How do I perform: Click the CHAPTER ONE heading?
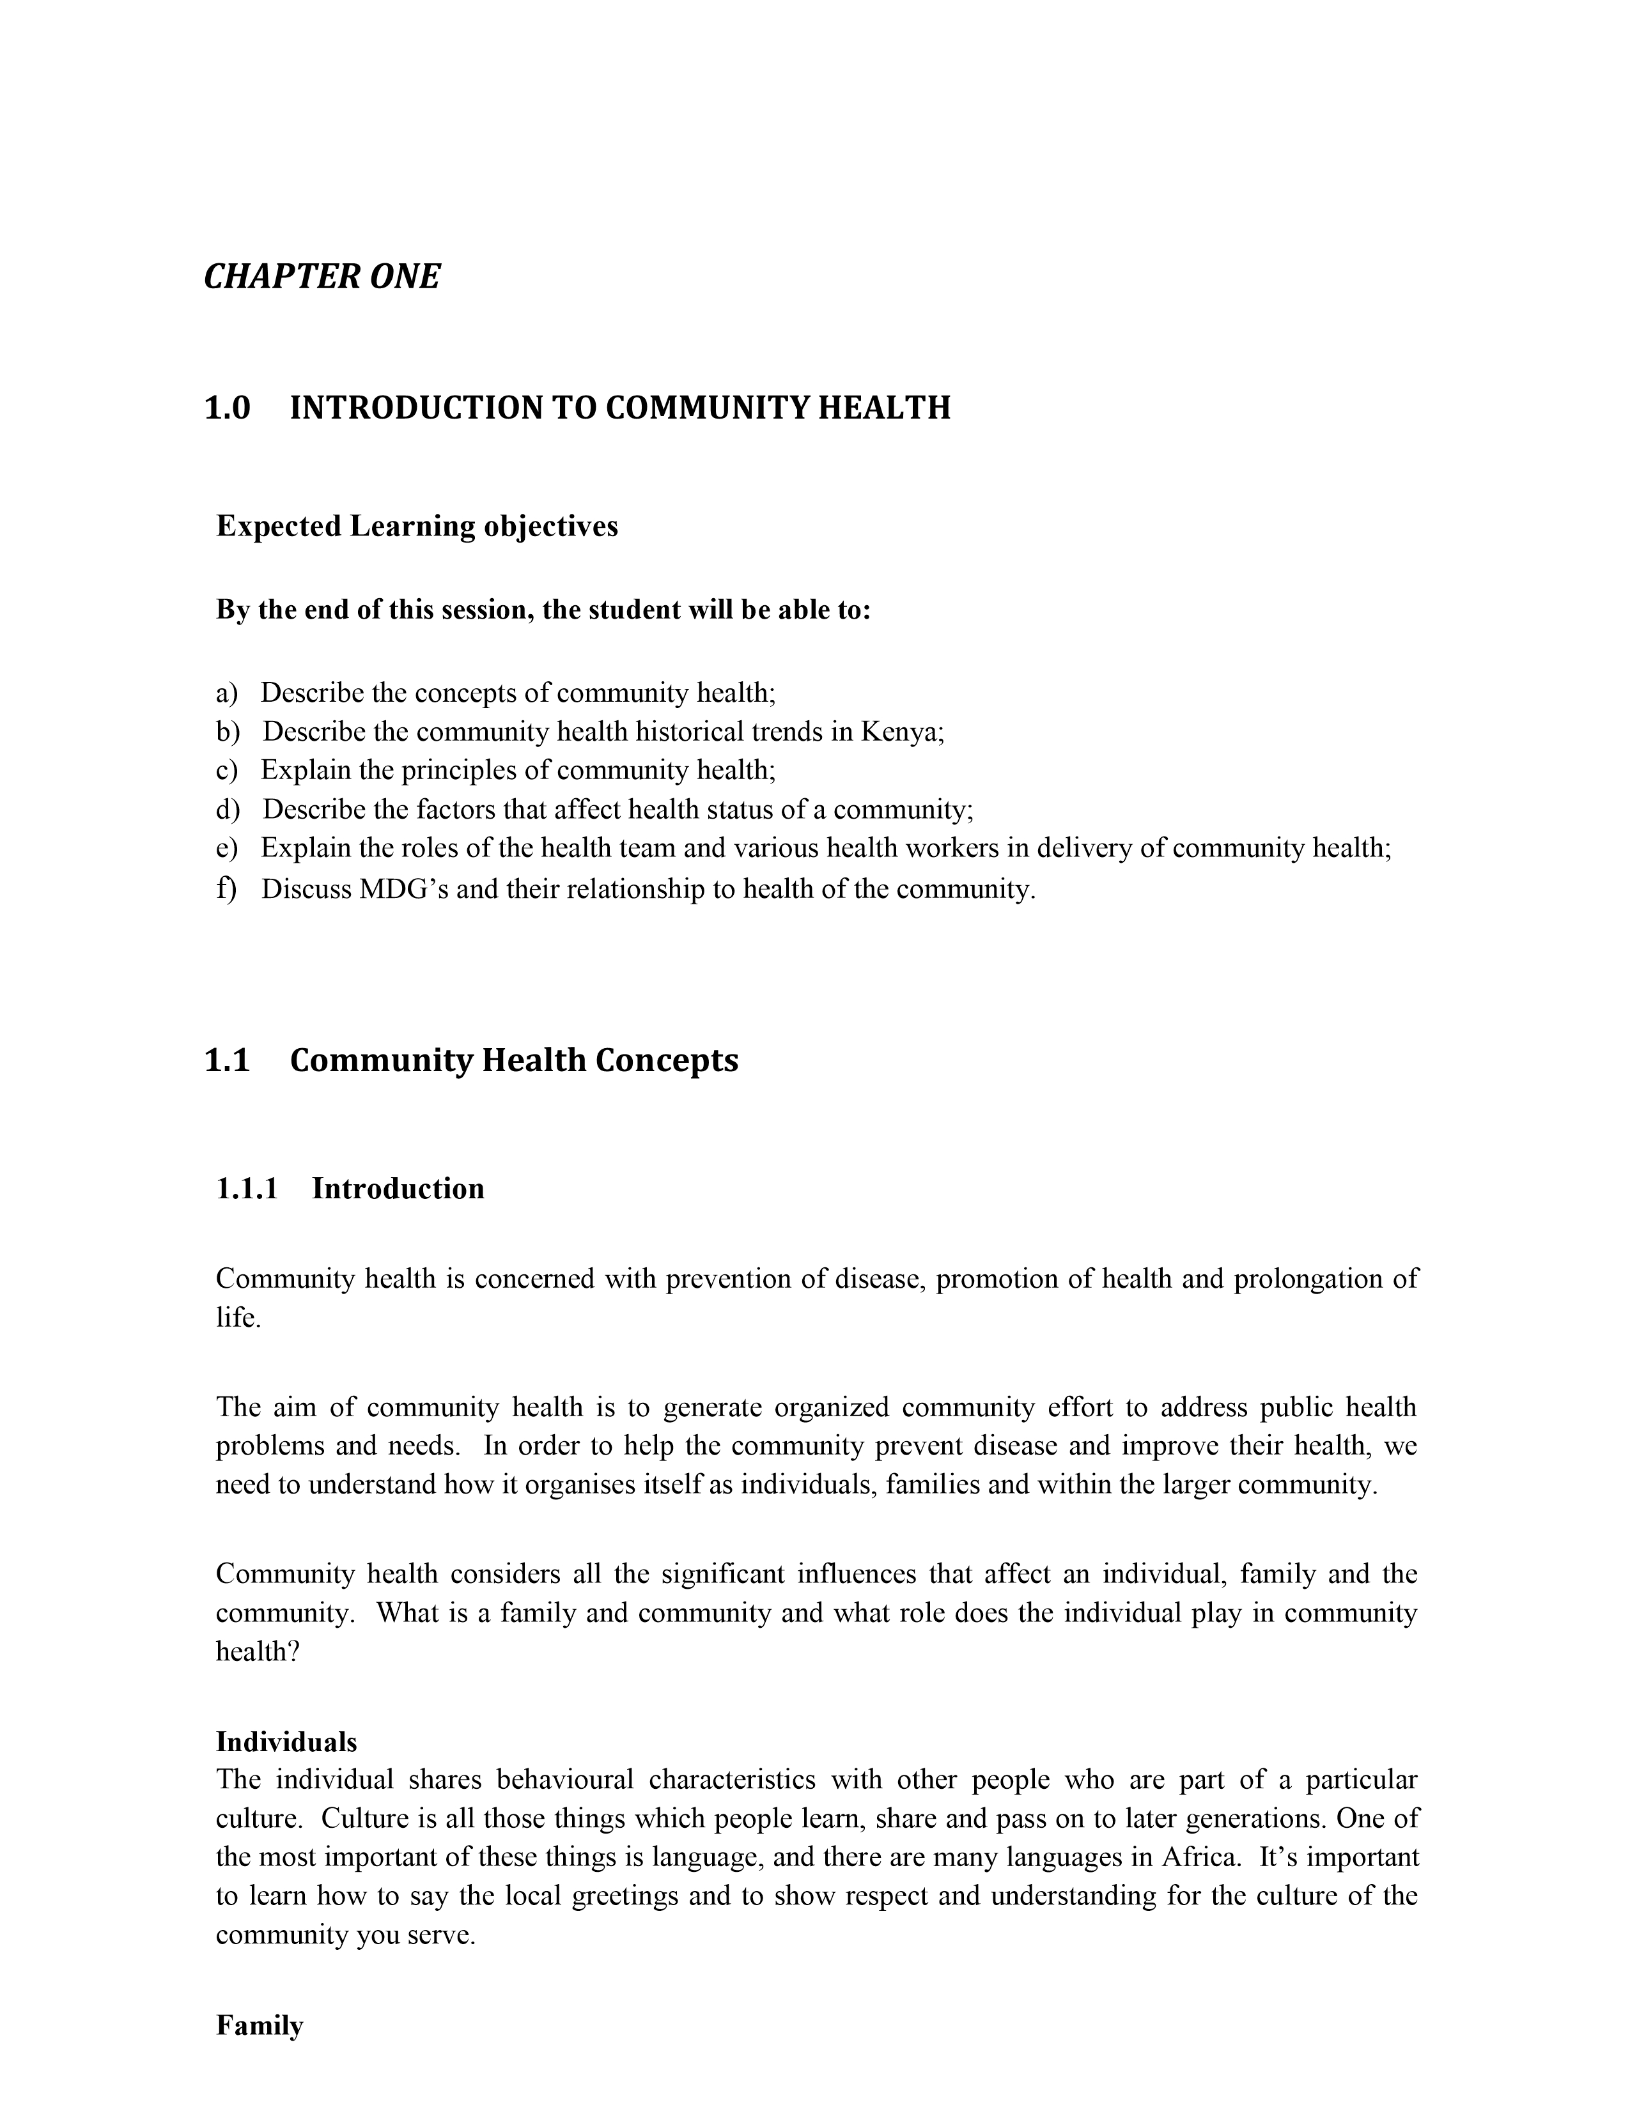pos(322,277)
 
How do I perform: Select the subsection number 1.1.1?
pos(247,1189)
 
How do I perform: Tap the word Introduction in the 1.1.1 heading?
pos(398,1189)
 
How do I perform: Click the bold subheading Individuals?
pos(286,1742)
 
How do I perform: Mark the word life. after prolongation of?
pos(238,1318)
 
